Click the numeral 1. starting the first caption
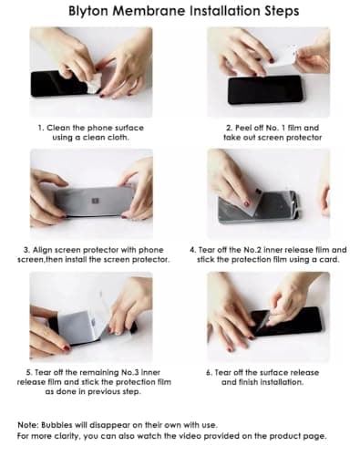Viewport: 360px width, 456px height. (x=42, y=128)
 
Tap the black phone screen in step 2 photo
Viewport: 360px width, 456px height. (x=264, y=88)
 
